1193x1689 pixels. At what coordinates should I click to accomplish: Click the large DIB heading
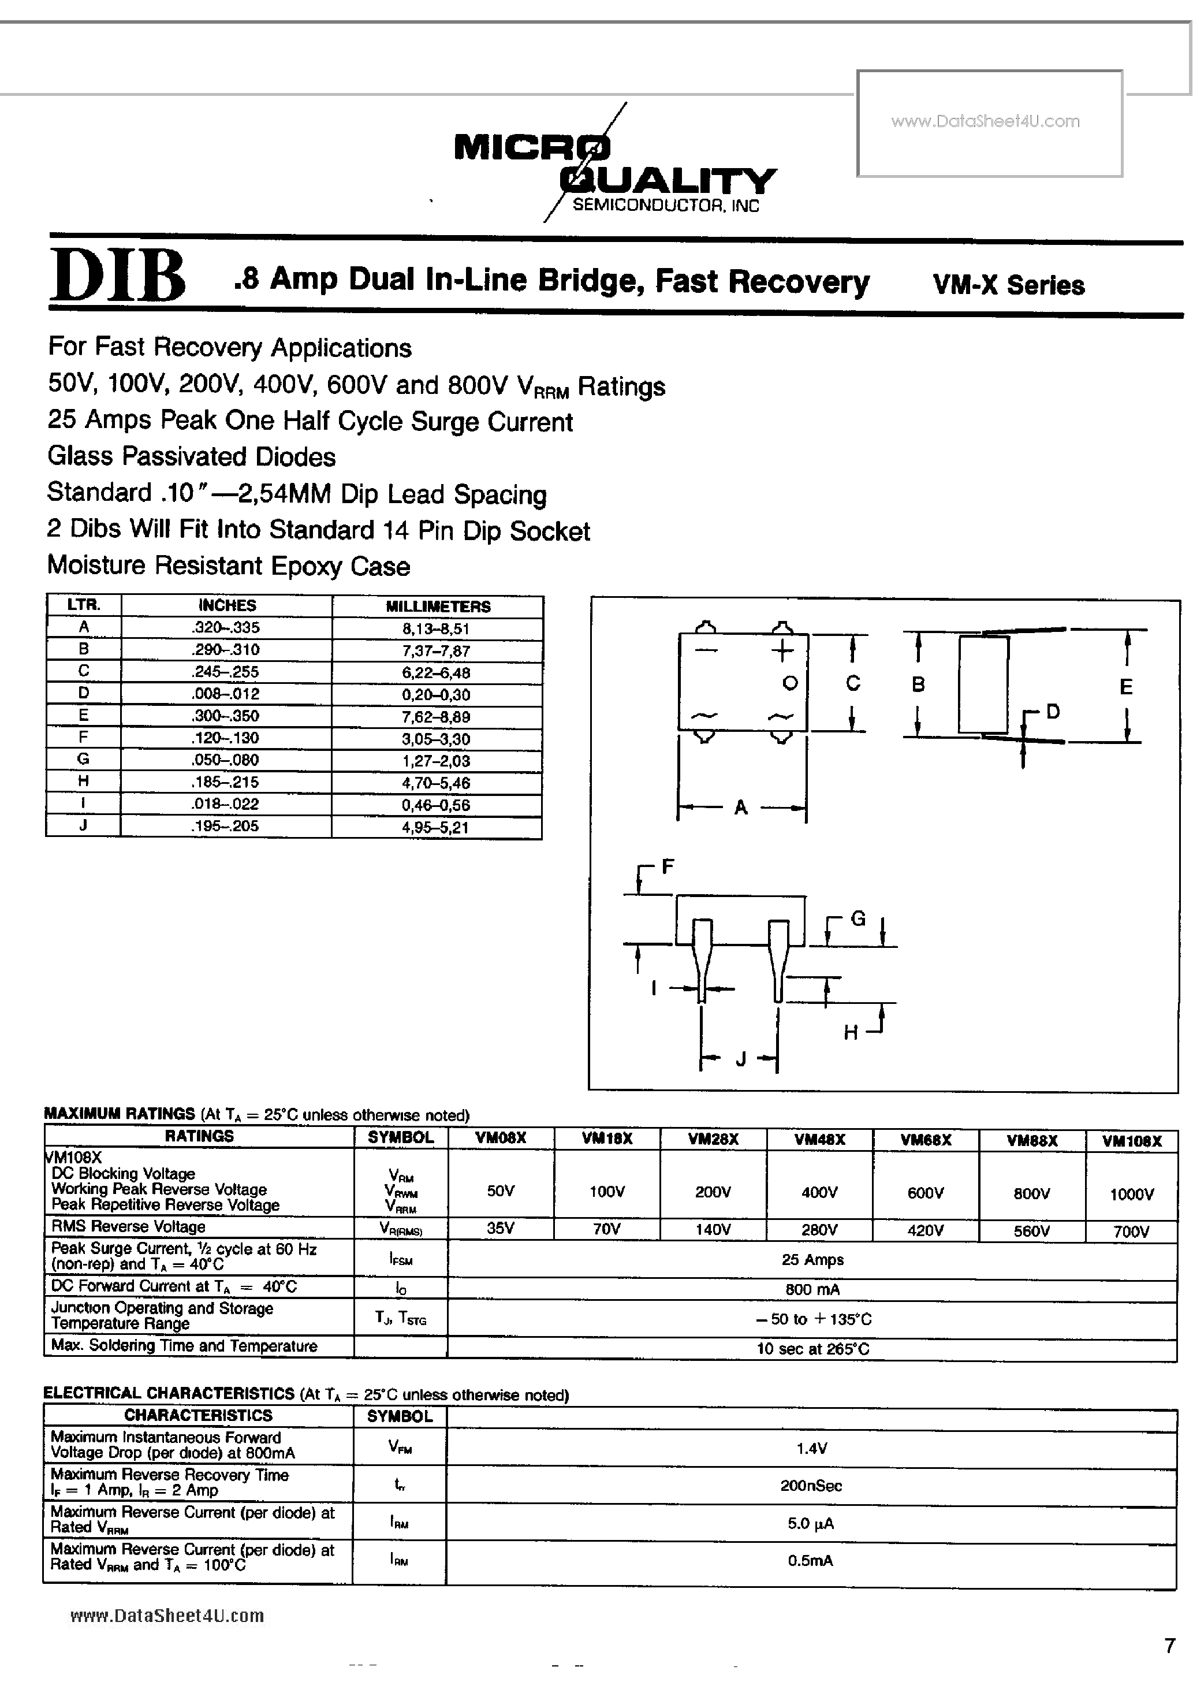click(x=118, y=276)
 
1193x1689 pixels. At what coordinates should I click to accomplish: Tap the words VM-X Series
click(x=1008, y=285)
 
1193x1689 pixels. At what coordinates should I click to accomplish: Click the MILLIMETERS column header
click(x=438, y=606)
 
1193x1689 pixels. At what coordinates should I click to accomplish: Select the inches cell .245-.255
click(x=226, y=671)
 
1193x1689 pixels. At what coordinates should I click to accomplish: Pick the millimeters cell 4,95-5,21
click(x=435, y=827)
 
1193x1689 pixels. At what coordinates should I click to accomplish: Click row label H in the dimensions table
click(x=83, y=781)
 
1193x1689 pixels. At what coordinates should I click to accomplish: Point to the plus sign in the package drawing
click(x=782, y=650)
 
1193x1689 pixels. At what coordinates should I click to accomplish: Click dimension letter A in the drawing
click(x=741, y=808)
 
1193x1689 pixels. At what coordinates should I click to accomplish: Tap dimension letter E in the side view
click(x=1125, y=686)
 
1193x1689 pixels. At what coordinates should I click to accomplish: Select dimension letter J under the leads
click(x=741, y=1059)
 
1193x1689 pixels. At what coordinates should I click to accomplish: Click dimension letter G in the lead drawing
click(x=858, y=918)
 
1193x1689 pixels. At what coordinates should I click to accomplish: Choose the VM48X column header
click(x=819, y=1139)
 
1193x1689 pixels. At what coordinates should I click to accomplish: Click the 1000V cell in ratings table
click(x=1131, y=1195)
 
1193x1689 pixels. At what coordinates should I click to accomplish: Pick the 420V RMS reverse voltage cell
click(x=925, y=1230)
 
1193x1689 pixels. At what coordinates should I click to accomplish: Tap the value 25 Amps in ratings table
click(x=812, y=1259)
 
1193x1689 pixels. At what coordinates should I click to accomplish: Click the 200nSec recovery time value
click(x=811, y=1485)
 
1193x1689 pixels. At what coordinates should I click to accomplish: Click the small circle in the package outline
click(x=790, y=683)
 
